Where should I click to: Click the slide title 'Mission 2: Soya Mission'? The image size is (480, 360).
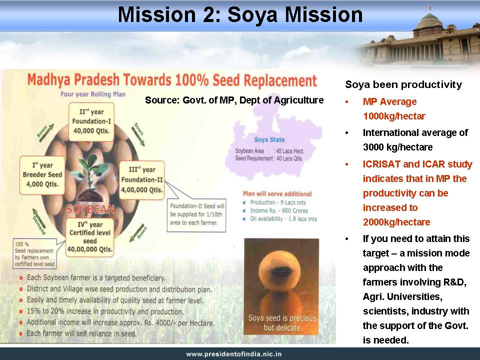[240, 14]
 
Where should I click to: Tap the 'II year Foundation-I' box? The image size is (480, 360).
[91, 121]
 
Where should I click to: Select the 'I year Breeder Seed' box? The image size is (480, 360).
[42, 175]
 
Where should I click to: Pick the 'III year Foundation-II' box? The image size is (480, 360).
[141, 179]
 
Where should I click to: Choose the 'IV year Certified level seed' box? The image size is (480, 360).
[89, 237]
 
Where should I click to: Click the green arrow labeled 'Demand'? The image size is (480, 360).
[39, 221]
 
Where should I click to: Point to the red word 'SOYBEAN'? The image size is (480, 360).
[90, 209]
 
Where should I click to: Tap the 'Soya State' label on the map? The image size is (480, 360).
[269, 140]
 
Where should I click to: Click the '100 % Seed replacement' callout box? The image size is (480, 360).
[34, 254]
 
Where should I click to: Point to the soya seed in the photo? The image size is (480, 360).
[281, 272]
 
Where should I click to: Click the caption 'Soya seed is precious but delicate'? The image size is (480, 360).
[282, 322]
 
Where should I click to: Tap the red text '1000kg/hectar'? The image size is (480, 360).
[394, 116]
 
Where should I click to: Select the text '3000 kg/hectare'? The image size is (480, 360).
[397, 147]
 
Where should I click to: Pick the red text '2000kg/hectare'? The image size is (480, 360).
[396, 222]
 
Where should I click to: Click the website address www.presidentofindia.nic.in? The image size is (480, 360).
[234, 354]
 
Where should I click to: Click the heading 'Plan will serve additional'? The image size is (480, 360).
[277, 194]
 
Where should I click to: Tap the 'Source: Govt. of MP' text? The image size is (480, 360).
[234, 100]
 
